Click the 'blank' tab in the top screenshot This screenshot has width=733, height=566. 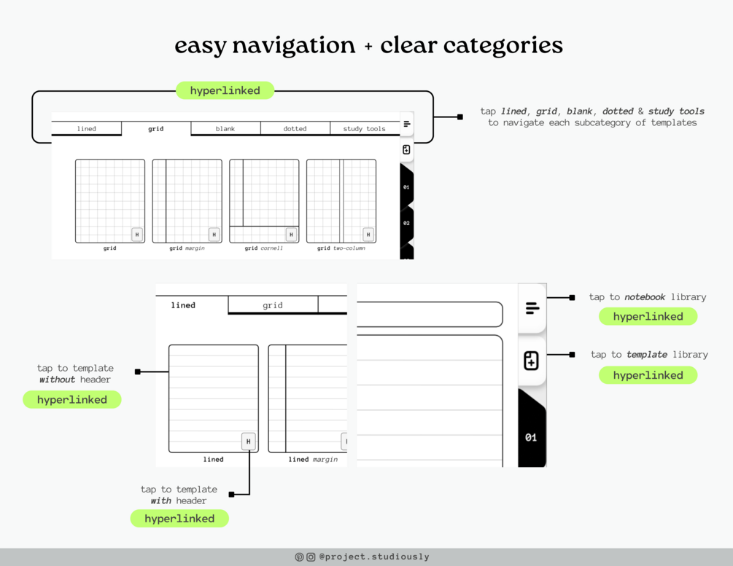pos(225,128)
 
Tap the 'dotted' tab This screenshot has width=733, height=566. pos(295,128)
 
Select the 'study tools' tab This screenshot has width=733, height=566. pos(364,128)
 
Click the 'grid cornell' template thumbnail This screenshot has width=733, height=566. pos(264,201)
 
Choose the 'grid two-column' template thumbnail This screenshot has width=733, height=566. pos(341,201)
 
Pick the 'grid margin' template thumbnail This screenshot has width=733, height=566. pos(187,201)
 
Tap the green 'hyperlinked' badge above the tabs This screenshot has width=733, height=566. pos(225,90)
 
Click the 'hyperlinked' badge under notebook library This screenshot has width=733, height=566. pos(648,316)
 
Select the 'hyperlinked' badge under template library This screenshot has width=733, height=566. pos(648,375)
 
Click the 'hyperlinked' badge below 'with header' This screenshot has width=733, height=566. pos(179,519)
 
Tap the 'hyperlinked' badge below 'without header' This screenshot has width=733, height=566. pos(72,399)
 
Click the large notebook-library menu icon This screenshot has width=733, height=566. pos(532,308)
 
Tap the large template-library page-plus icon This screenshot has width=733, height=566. pos(531,361)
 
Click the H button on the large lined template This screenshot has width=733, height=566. pos(248,441)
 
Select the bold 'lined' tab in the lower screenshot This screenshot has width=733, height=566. pos(183,305)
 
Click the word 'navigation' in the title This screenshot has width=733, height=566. pos(294,46)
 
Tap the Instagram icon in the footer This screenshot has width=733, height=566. pos(311,557)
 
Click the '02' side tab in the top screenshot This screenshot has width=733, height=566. pos(406,223)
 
